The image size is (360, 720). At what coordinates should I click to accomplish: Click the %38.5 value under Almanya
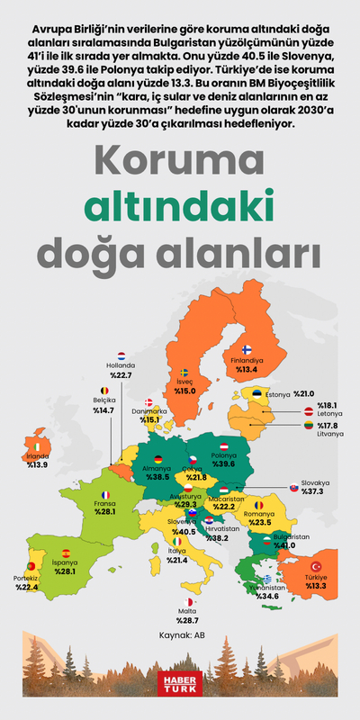pos(157,477)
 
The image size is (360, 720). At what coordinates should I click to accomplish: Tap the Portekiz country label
pos(26,579)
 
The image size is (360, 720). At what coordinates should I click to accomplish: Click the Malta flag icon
pos(187,602)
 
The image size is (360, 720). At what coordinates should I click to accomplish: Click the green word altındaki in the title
pos(179,205)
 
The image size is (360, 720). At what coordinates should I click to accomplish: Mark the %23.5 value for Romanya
pos(259,522)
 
